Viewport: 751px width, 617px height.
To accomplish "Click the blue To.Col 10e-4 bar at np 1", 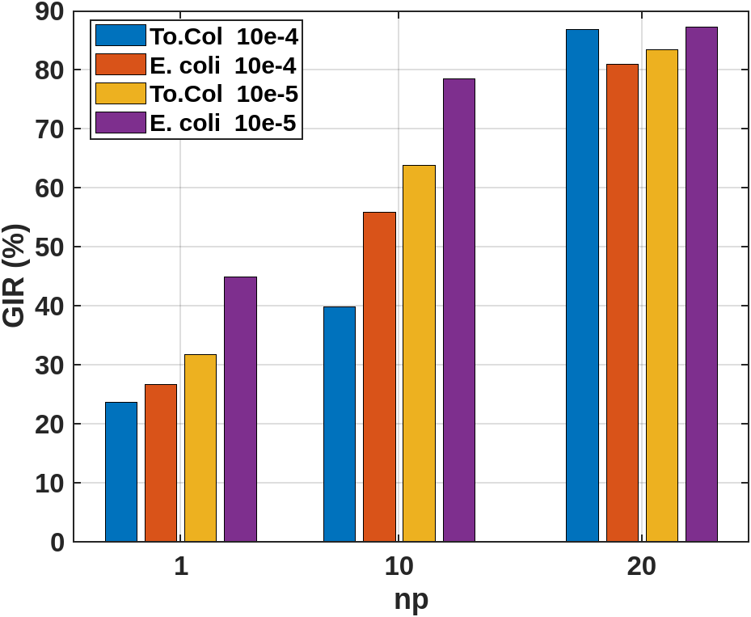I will pos(121,471).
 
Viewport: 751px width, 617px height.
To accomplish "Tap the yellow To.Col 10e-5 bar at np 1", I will pos(200,448).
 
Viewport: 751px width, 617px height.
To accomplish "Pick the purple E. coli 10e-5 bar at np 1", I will pos(240,409).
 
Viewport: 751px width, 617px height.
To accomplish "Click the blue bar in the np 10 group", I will pos(340,424).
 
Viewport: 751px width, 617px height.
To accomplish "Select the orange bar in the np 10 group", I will pos(379,377).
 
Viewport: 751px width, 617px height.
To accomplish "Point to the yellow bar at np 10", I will pos(419,353).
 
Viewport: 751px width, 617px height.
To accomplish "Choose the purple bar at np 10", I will pos(459,310).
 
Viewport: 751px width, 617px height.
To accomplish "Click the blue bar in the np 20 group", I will pos(582,285).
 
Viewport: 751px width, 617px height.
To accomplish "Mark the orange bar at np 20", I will pos(622,302).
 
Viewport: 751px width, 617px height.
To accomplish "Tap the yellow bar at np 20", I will pos(662,295).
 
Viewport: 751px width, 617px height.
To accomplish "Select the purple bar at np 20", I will pos(702,284).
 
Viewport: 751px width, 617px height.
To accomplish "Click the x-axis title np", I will pos(411,599).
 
